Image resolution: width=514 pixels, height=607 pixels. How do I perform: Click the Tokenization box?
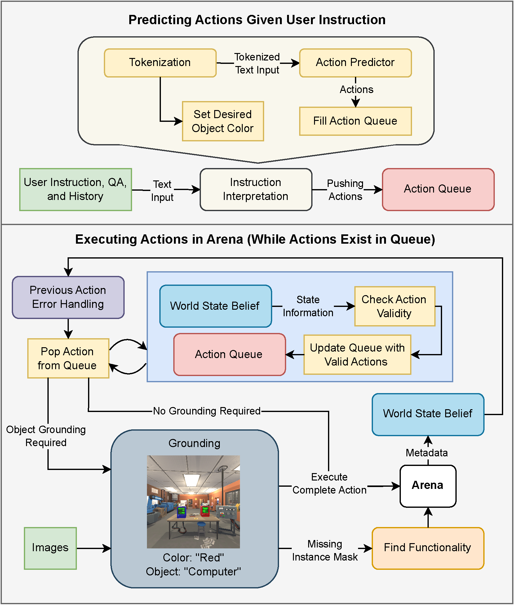click(x=160, y=63)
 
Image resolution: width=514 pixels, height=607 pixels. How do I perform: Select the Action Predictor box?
click(x=355, y=63)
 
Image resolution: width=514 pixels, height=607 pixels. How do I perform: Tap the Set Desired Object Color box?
click(x=223, y=121)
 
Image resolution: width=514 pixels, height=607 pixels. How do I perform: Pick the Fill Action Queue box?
click(x=355, y=121)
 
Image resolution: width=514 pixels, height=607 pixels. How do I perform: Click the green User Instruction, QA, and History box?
click(x=75, y=189)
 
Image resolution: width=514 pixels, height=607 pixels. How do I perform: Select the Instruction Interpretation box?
click(x=256, y=189)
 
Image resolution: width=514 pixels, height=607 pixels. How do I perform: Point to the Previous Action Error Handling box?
click(x=68, y=297)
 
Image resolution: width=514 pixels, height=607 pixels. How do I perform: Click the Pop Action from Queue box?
click(x=68, y=358)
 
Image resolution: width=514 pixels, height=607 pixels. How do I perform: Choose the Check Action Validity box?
click(x=394, y=306)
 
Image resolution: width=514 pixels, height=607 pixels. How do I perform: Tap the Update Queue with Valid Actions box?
click(x=357, y=355)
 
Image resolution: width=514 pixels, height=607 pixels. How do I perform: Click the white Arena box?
click(x=428, y=485)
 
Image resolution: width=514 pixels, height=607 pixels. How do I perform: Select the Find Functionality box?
click(x=428, y=548)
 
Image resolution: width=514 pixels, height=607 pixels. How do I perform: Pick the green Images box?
click(x=50, y=548)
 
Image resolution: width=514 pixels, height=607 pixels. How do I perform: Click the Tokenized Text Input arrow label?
click(x=257, y=64)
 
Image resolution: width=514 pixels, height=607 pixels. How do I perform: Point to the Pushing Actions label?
click(x=345, y=190)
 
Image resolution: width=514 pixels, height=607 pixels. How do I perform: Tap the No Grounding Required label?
click(x=207, y=411)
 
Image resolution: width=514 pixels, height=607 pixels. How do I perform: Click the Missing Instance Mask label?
click(x=325, y=550)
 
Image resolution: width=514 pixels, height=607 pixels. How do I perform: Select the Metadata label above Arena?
click(x=427, y=453)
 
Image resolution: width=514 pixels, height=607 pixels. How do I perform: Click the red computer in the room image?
click(x=205, y=510)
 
